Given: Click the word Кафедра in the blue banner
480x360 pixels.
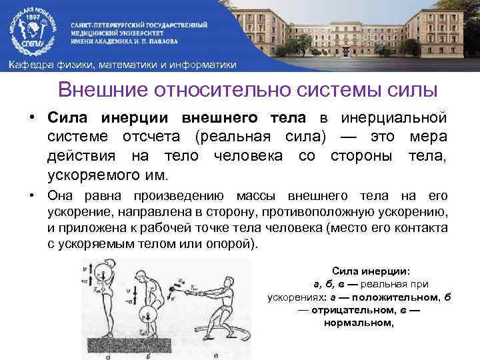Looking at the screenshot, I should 28,65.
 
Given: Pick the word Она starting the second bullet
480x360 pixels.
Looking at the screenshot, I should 60,195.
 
